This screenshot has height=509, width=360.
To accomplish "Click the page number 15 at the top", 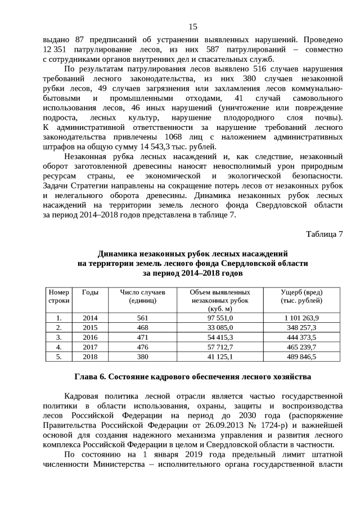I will [x=192, y=26].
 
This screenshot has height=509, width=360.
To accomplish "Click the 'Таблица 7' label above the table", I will [x=324, y=233].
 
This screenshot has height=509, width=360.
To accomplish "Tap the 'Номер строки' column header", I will [x=59, y=296].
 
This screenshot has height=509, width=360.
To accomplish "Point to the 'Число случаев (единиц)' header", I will [x=142, y=296].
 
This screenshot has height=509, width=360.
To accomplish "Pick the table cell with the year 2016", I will [x=91, y=337].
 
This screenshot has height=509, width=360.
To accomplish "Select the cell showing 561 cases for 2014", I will [x=142, y=318].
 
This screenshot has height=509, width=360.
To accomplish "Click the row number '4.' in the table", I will [x=59, y=346].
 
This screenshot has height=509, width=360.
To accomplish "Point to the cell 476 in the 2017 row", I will [x=142, y=346].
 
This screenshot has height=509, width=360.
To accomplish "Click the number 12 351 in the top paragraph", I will [x=56, y=50].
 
